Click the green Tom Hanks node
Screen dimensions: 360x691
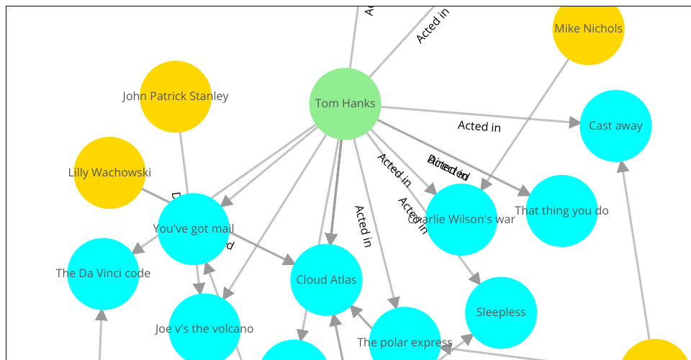(345, 104)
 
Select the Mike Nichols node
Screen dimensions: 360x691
(588, 30)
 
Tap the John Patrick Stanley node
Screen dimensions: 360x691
(176, 96)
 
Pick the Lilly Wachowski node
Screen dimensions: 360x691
(109, 173)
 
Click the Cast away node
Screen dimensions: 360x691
(615, 126)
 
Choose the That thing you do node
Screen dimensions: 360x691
(561, 211)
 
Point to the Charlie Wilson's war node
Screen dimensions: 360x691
(461, 219)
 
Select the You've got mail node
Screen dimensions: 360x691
(193, 229)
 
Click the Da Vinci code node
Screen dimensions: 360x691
(103, 274)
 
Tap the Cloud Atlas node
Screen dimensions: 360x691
(326, 279)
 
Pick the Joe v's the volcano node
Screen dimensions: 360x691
(204, 329)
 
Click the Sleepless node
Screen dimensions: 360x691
(501, 312)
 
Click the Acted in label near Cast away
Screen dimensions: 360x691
(479, 126)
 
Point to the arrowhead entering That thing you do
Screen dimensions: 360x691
(524, 192)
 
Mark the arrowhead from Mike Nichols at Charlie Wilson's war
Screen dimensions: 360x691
(486, 185)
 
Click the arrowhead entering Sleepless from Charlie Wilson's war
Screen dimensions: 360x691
(476, 279)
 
